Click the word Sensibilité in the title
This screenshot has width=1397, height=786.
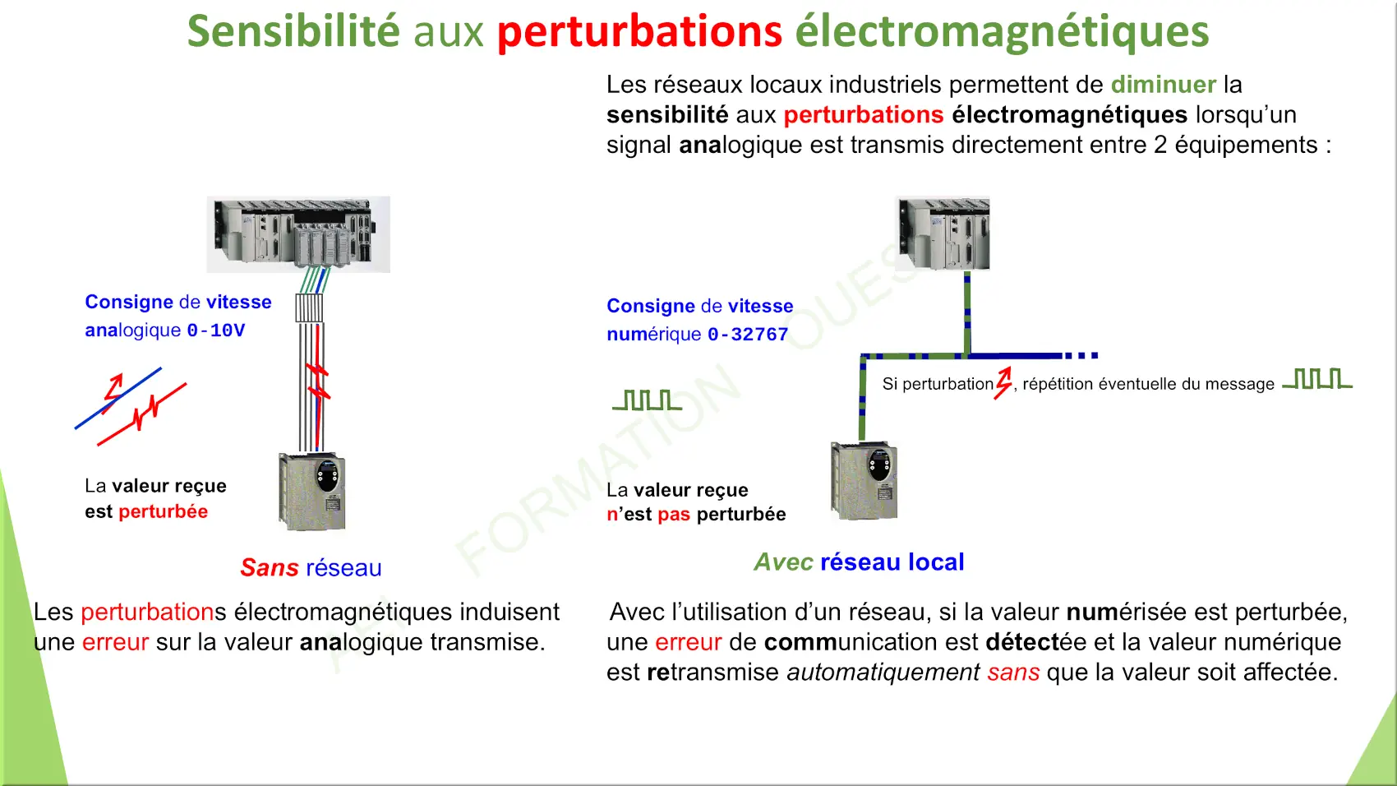point(293,31)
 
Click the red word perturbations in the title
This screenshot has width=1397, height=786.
point(639,32)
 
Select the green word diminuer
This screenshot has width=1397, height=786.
point(1163,84)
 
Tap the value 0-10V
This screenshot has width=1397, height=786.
point(216,330)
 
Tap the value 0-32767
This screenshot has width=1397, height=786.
point(748,335)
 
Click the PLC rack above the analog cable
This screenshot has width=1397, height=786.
point(298,234)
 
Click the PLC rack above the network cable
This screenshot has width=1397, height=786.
point(943,233)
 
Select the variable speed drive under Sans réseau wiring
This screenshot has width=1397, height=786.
point(311,492)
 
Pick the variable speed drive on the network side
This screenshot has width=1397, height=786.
point(864,480)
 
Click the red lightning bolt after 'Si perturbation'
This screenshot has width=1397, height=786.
point(1003,383)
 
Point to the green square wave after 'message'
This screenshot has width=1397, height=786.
point(1316,379)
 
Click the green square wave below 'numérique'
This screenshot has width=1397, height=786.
point(648,400)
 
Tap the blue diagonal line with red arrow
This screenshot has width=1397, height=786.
point(118,398)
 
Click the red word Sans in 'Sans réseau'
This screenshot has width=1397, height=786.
point(270,567)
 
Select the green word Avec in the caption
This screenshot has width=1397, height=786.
point(783,562)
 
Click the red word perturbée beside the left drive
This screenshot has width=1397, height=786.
point(163,511)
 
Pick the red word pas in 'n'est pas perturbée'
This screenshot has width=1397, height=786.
point(674,515)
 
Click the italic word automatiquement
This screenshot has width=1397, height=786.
point(883,673)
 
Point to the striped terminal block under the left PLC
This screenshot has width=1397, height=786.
point(309,307)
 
